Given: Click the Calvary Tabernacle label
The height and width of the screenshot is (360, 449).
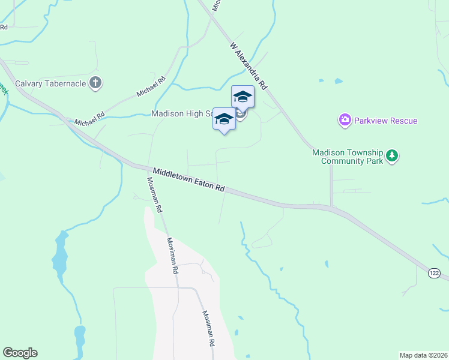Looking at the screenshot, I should [51, 83].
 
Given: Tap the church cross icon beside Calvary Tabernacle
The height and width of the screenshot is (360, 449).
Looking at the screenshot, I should [95, 83].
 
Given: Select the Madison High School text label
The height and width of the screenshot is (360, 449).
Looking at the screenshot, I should [183, 113].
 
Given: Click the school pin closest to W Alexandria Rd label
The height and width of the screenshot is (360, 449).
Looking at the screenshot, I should [243, 97].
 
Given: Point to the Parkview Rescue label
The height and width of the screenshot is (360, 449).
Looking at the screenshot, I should [385, 121].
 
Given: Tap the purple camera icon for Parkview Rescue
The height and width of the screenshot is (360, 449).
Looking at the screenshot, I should [345, 121].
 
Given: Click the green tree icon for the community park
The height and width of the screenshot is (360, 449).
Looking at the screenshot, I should [392, 156].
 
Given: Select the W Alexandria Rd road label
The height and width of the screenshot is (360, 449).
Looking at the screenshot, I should [249, 66].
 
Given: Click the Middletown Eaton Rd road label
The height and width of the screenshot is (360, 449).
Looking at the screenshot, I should [188, 180].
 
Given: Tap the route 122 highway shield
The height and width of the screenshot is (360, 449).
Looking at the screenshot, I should [434, 274].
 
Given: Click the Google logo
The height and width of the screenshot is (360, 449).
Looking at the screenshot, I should [20, 353].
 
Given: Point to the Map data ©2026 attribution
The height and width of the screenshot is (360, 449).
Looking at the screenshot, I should [423, 355].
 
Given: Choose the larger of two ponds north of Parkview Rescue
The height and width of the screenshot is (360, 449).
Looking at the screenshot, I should [339, 81].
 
